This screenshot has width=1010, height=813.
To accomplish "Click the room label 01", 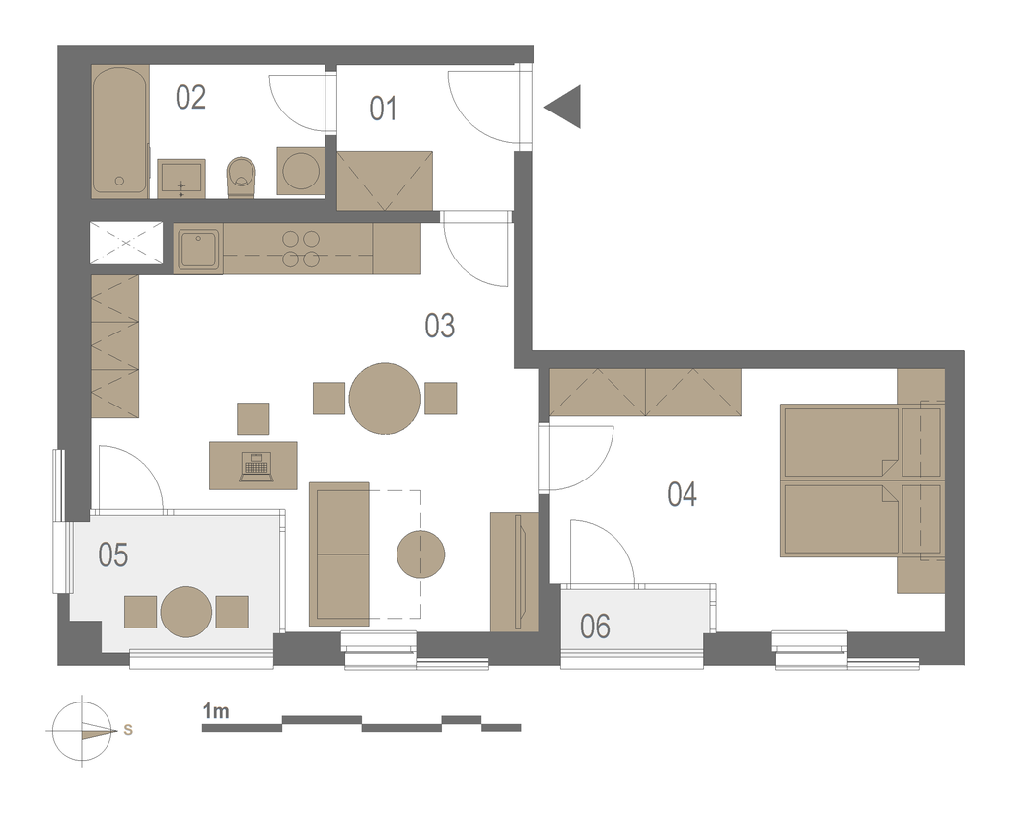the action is point(383,109).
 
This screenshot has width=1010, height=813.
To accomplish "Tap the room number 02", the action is point(190,98).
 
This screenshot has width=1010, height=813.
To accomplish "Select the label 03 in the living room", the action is point(440,326).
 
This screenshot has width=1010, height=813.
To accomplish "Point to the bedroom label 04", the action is point(683,494).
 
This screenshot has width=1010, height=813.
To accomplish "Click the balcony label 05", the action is point(112,554).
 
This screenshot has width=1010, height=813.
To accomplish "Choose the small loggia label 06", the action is point(595,627).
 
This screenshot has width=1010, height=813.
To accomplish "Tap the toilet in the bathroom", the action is point(242,177).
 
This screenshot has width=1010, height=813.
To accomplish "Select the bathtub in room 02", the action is point(120,131).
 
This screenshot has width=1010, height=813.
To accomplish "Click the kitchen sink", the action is point(198,250).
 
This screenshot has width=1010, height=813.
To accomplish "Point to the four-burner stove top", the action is point(301,249).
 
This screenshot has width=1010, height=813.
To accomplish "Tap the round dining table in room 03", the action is point(385,399).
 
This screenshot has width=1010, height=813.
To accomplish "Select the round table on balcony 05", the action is point(186,612).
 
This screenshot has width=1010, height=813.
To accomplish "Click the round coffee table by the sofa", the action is point(420,554).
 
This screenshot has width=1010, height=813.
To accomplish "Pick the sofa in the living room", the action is point(339,554).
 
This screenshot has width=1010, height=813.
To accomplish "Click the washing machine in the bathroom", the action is point(301,171).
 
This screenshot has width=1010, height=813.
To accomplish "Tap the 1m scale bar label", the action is point(216,711).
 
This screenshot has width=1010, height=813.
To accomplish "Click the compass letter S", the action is point(128,730).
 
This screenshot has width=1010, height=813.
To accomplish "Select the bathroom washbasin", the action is point(181,179).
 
